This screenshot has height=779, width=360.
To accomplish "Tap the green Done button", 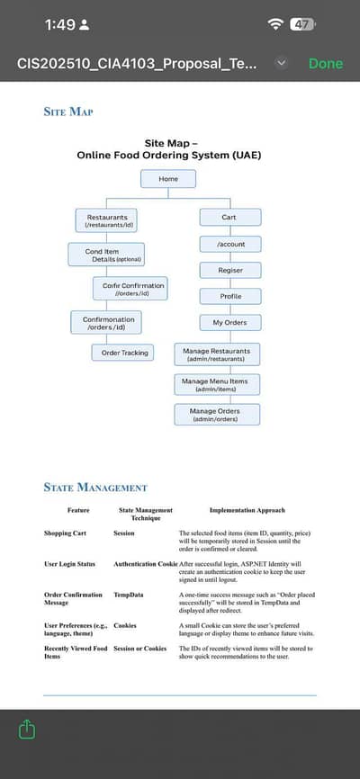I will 325,64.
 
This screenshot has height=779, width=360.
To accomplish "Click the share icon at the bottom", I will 26,729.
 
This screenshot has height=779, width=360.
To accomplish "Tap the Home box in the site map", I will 168,179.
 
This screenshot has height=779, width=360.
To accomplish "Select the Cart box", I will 229,218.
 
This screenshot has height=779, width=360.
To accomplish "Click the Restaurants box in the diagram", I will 106,220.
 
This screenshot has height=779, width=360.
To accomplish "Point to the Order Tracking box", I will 123,353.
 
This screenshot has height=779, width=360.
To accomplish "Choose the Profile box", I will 230,296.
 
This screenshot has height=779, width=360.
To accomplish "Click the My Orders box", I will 230,322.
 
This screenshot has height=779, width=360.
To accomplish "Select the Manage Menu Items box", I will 215,385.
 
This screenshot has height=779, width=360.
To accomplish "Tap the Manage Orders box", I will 216,415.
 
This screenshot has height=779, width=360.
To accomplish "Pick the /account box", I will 230,244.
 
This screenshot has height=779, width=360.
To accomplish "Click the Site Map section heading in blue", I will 68,112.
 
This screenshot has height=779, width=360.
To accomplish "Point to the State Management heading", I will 95,488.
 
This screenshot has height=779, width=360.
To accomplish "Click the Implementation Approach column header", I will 247,510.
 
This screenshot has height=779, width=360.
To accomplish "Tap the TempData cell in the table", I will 129,595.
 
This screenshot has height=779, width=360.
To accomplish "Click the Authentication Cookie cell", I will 146,564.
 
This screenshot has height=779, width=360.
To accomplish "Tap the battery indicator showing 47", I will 301,24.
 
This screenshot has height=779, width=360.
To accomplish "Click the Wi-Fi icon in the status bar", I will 274,24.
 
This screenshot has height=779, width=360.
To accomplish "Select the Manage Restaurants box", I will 216,354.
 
